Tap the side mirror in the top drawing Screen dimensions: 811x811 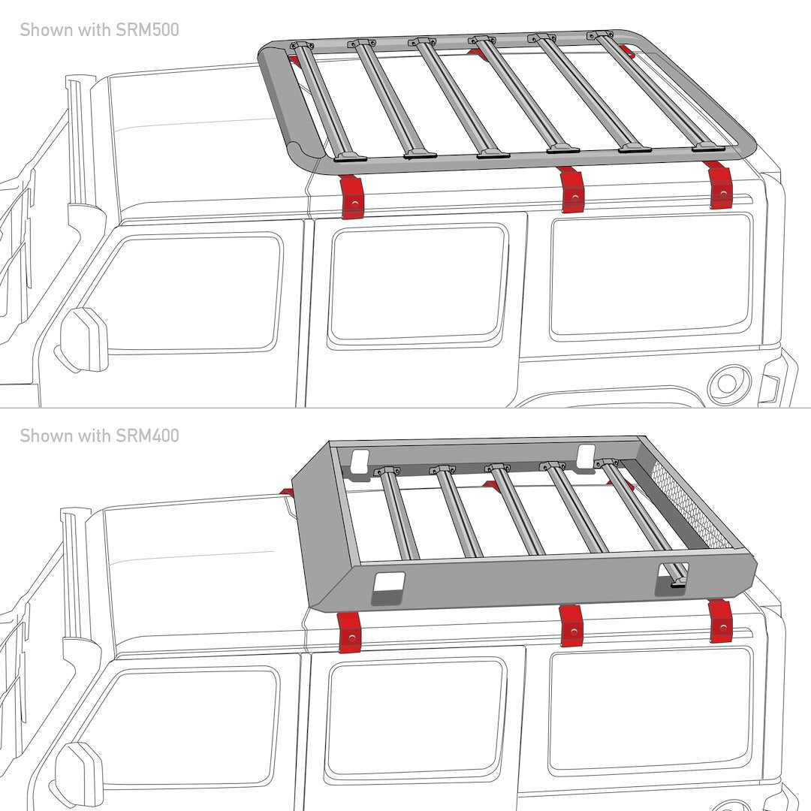point(83,339)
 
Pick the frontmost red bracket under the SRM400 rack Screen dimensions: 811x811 point(349,631)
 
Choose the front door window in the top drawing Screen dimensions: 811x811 point(191,293)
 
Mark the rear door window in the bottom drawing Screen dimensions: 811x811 point(415,717)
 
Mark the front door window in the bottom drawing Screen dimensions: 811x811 point(188,725)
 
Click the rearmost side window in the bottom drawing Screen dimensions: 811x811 point(650,710)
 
